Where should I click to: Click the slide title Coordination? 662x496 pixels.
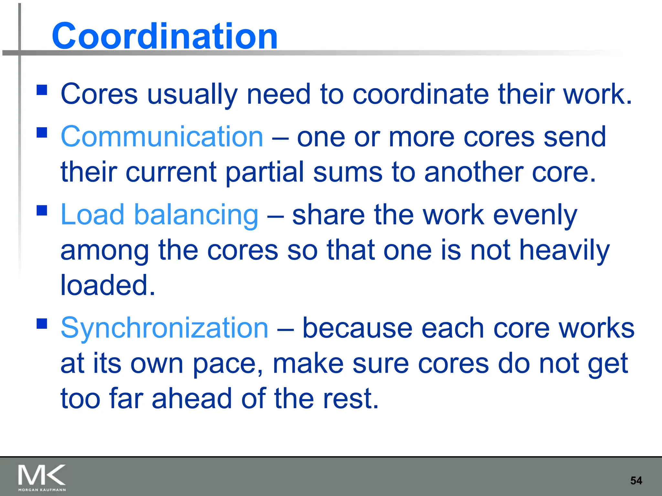point(165,36)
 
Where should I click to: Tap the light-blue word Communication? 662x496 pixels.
point(162,137)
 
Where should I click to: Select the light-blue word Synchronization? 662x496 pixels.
point(165,328)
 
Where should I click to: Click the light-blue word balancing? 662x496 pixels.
point(196,215)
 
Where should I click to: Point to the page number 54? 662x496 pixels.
point(636,480)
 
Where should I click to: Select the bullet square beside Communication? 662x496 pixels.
point(42,132)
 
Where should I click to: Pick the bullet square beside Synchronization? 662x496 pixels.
point(42,323)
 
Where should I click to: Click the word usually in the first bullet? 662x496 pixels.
point(192,94)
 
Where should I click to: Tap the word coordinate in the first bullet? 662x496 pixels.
point(421,94)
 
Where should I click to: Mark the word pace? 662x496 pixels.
point(228,364)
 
